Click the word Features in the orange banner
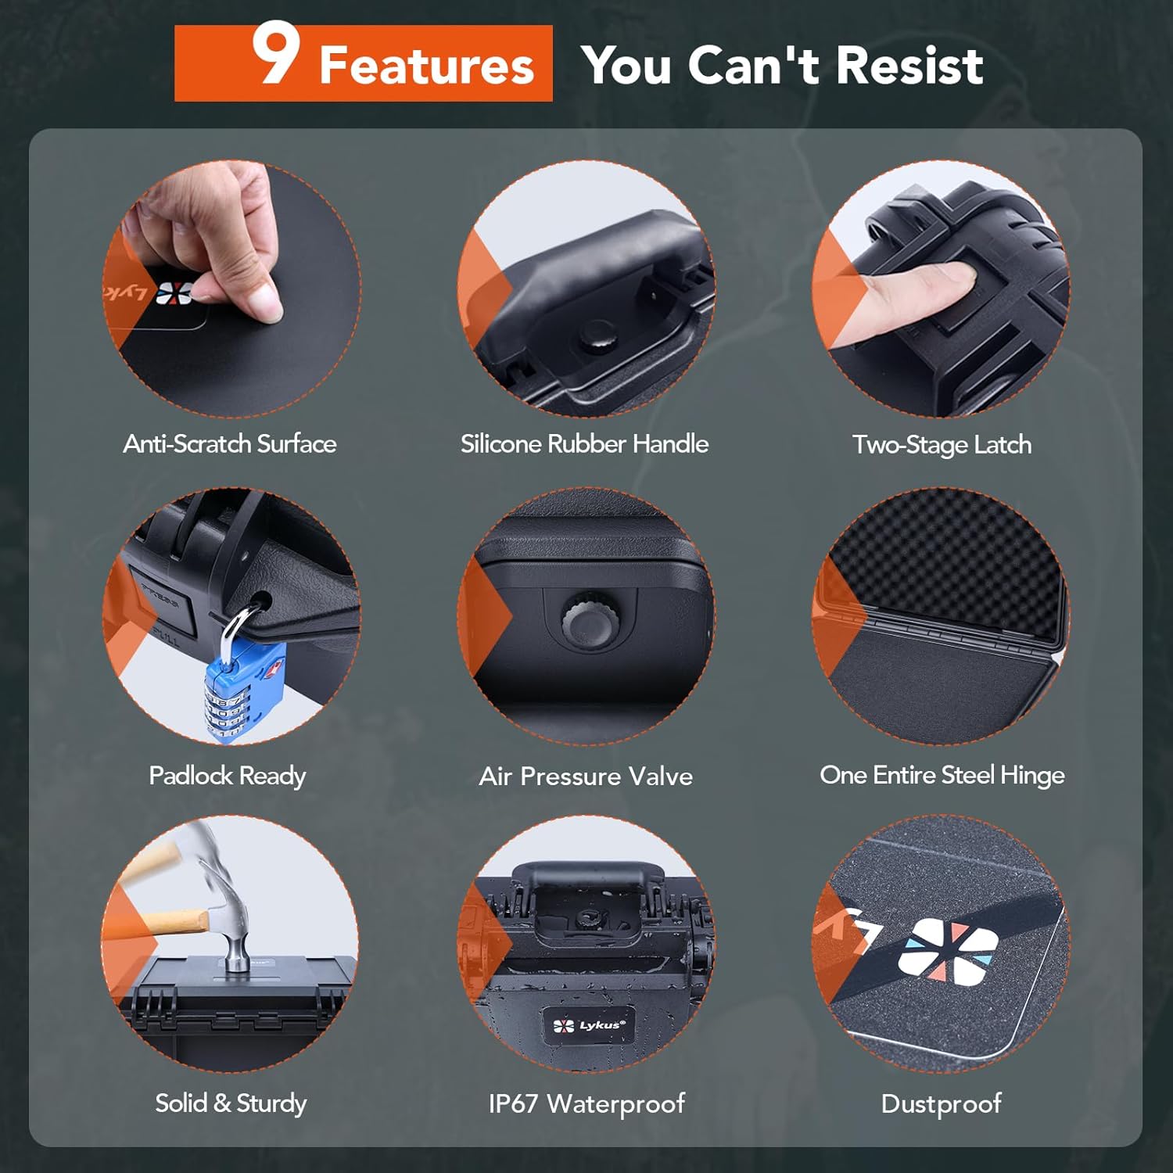426,66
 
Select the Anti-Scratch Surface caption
230,444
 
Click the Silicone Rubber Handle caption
584,444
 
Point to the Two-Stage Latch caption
942,445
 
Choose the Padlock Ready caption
227,776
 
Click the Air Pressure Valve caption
586,777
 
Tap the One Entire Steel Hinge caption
942,775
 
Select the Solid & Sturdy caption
231,1103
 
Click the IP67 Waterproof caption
586,1103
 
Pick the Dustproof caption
941,1103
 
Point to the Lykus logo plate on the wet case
589,1025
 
